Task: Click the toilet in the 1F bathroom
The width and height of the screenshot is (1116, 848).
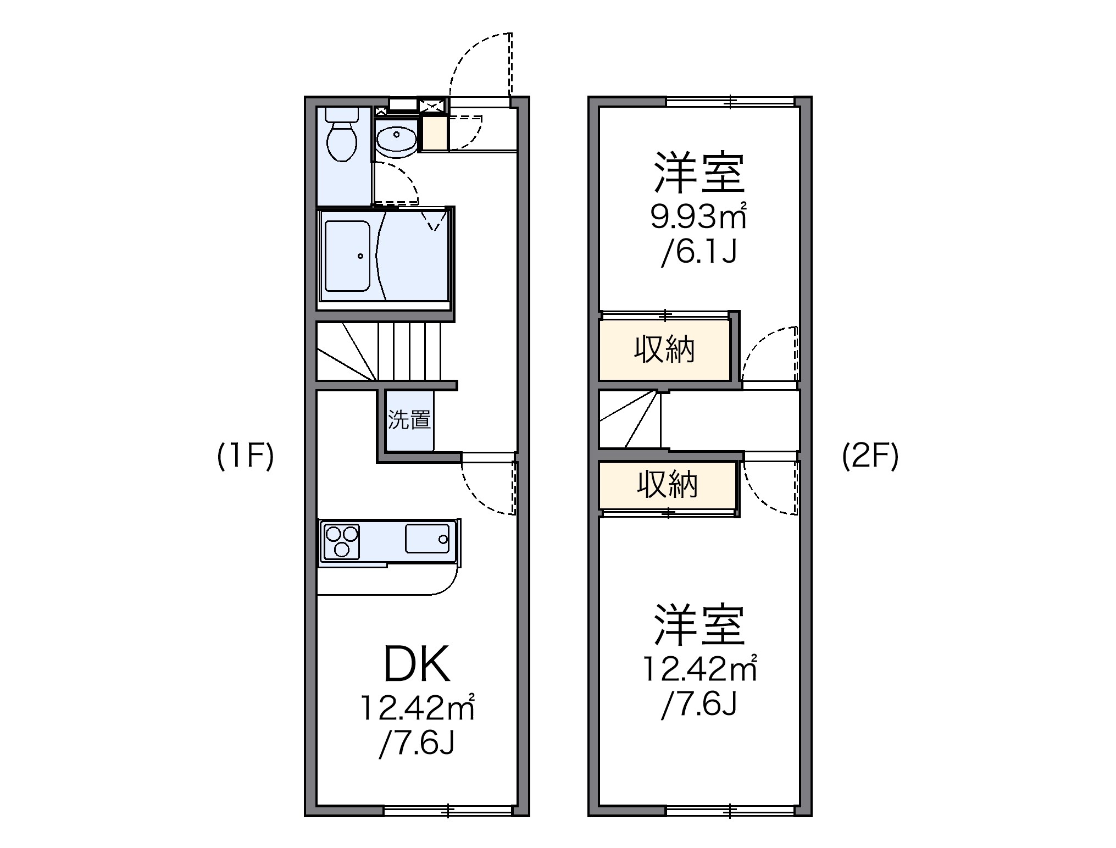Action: pos(342,140)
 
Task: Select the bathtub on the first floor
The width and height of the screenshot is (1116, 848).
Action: pos(347,256)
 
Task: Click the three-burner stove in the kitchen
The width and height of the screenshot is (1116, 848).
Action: pos(341,541)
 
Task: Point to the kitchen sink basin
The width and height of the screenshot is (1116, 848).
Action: pos(427,538)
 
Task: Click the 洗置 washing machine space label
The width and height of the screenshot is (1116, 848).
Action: pos(409,420)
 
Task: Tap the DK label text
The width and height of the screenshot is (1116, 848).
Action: pos(417,663)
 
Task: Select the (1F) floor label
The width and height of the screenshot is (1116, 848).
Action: pos(245,456)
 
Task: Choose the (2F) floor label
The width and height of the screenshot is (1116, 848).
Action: pos(870,456)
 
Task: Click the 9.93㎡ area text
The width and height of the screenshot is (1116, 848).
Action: pos(698,217)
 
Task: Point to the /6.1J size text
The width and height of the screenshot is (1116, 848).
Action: pos(698,253)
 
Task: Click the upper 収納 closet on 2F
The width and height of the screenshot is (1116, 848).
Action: pos(664,350)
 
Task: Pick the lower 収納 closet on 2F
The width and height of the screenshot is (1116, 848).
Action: pos(667,484)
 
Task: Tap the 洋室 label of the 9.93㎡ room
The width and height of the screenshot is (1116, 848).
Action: pos(698,173)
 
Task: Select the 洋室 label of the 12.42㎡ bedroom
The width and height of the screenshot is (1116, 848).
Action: pos(698,625)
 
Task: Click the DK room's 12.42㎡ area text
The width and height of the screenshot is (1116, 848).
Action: pos(417,708)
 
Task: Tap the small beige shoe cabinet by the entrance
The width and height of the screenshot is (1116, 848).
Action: pos(433,135)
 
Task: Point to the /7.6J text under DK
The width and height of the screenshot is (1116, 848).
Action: pos(417,744)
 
